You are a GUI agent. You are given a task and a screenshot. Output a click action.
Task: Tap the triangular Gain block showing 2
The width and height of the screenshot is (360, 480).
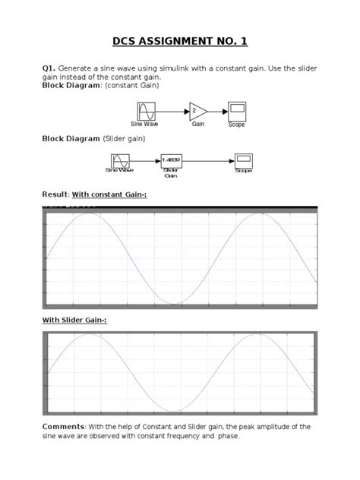point(197,111)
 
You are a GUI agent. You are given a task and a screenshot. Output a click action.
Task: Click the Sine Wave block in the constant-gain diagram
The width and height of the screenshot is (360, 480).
point(147,111)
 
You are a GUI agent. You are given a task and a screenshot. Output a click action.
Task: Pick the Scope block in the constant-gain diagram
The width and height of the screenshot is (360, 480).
point(236,110)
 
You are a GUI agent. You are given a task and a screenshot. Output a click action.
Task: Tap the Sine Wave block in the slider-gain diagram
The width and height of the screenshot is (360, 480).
point(121,160)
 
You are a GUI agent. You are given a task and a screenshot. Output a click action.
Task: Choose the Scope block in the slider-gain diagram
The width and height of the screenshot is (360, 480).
point(244,160)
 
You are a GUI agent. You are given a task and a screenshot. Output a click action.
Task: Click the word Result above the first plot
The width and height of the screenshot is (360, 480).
point(55,195)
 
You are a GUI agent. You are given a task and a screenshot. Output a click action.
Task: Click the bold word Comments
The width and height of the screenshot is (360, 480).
point(64,427)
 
